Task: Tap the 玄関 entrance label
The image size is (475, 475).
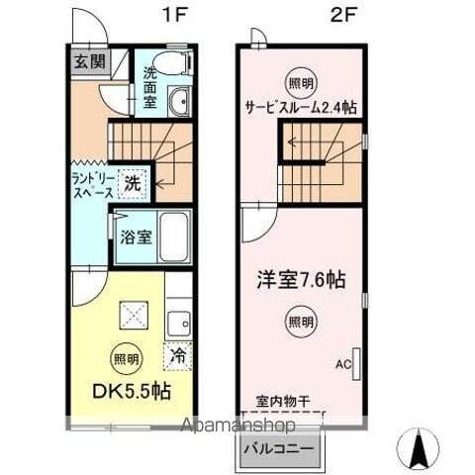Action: (88, 61)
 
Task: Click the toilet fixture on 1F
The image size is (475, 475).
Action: (175, 61)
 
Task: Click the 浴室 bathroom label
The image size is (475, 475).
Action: (135, 237)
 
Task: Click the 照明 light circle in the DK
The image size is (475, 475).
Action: (126, 357)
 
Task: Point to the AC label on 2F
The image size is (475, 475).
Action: (342, 364)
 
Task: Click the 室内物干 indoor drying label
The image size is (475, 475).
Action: (283, 401)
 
